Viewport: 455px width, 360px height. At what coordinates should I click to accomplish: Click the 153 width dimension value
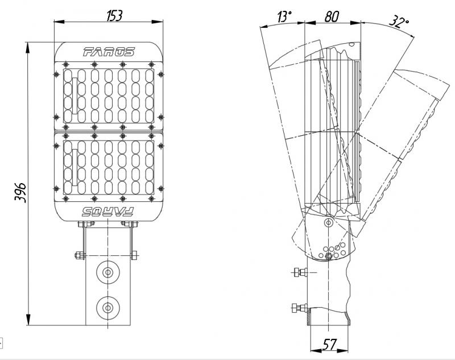tap(115, 15)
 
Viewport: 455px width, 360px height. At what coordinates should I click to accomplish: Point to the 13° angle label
tap(283, 17)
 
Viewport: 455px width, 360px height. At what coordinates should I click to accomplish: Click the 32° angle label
tap(399, 22)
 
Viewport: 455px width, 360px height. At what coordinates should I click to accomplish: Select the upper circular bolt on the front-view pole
tap(107, 272)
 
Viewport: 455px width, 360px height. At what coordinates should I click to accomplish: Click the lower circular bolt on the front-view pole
tap(107, 308)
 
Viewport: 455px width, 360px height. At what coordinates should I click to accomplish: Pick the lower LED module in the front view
tap(109, 165)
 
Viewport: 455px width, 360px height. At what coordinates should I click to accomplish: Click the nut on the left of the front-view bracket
tap(79, 255)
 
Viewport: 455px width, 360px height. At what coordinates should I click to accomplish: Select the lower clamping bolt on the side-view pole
tap(296, 308)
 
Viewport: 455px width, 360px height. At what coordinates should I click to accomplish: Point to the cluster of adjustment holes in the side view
tap(333, 250)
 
